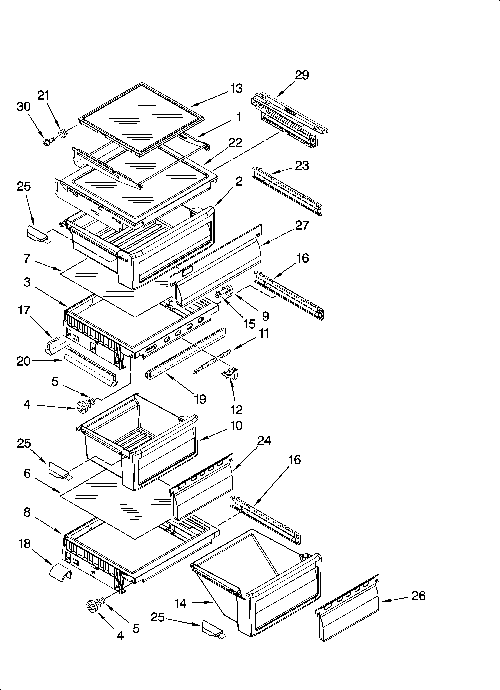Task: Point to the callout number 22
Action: [235, 142]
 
